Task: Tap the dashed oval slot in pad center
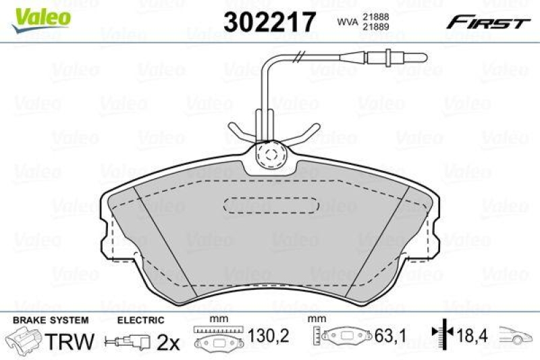pos(270,205)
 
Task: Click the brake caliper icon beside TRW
pos(24,340)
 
